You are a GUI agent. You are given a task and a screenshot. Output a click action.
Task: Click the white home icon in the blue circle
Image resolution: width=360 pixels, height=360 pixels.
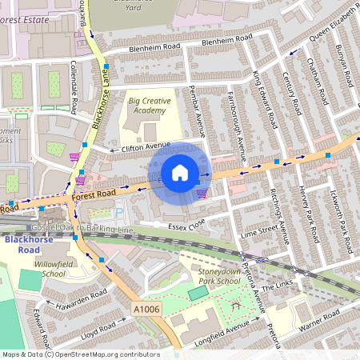[180, 173]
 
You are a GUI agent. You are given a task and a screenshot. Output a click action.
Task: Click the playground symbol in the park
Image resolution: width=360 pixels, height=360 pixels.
[234, 306]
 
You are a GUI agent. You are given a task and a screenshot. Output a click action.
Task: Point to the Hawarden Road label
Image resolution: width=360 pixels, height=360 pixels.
[75, 298]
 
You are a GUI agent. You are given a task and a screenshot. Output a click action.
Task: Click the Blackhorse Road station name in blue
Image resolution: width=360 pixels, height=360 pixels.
[27, 243]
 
